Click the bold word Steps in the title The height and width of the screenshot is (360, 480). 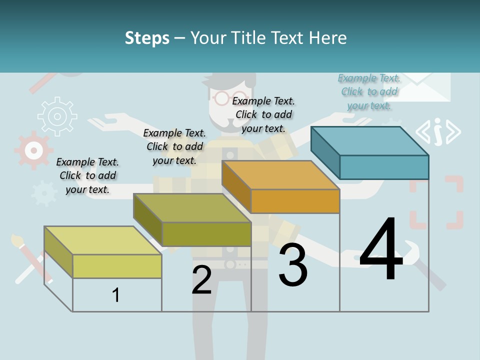tap(147, 38)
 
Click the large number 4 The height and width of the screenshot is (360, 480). tap(381, 249)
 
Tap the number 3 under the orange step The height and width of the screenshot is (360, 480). tap(293, 265)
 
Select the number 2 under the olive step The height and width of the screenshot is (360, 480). tap(201, 280)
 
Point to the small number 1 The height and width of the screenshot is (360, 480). tap(116, 295)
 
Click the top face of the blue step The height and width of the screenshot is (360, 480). tap(370, 140)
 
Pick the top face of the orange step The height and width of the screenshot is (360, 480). tap(281, 175)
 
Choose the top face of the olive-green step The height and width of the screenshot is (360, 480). tap(192, 208)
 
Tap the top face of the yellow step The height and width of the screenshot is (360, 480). tap(103, 240)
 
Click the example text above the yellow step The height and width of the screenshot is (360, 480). tap(87, 175)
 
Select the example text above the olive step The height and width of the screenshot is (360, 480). tap(174, 146)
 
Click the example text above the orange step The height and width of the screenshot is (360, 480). tap(263, 114)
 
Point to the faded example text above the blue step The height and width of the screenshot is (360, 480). tap(369, 91)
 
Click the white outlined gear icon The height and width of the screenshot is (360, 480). tap(57, 117)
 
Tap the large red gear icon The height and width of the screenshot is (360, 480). tap(33, 150)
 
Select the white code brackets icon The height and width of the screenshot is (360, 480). tap(438, 131)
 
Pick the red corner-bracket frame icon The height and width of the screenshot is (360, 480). tap(436, 202)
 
